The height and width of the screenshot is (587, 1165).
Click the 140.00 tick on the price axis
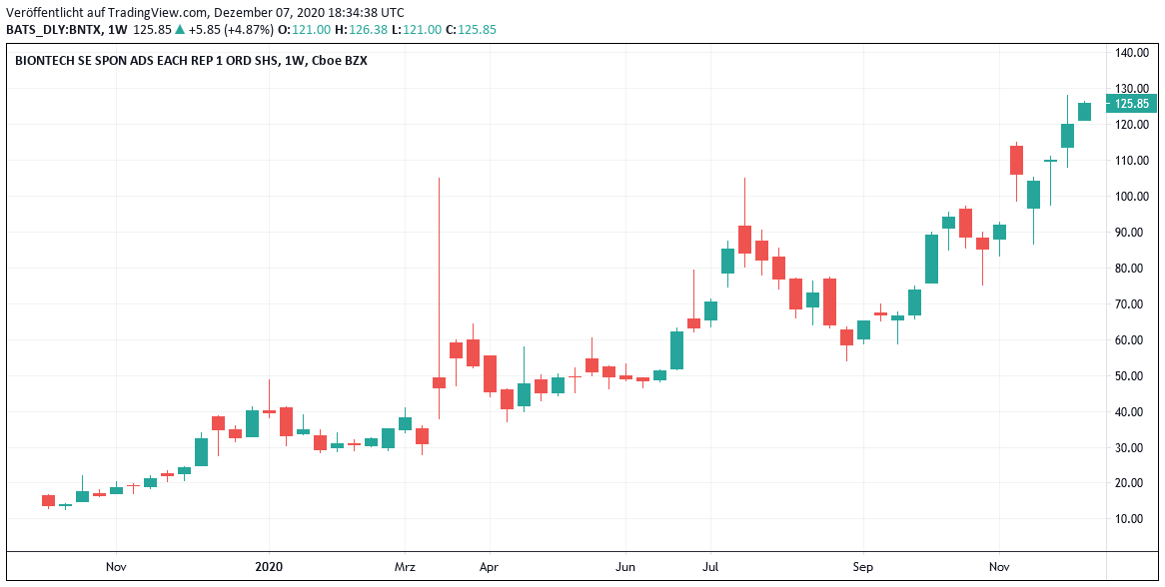(x=1132, y=52)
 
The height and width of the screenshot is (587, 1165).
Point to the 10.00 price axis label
(x=1132, y=519)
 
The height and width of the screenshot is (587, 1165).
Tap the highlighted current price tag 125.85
(x=1131, y=104)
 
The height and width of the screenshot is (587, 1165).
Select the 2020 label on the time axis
(x=269, y=567)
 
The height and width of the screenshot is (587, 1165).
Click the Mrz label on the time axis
(x=405, y=567)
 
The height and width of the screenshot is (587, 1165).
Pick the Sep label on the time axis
(x=863, y=567)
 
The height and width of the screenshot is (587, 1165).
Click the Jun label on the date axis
(x=625, y=567)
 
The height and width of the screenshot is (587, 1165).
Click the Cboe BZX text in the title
(x=341, y=60)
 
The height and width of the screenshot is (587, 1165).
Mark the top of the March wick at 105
(x=439, y=179)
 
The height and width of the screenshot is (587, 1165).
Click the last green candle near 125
(x=1084, y=112)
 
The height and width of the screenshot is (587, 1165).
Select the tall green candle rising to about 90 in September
(x=931, y=259)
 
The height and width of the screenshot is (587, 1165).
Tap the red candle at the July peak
(x=744, y=239)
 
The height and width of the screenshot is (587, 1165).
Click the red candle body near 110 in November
(x=1016, y=160)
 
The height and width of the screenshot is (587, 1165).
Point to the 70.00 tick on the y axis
(x=1132, y=303)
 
